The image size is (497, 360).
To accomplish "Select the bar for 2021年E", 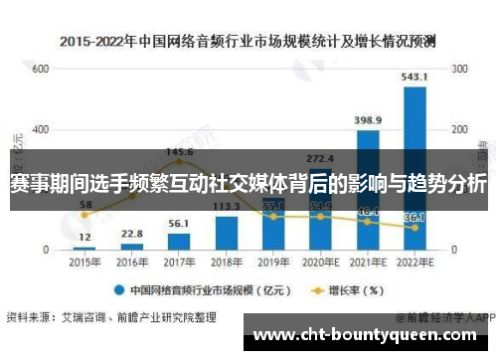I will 367,189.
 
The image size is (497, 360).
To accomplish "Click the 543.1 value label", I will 414,77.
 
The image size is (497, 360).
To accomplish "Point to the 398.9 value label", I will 367,120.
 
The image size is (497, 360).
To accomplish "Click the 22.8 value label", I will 132,234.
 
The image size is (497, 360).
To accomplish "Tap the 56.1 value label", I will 179,224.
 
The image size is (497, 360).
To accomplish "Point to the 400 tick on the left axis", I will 40,130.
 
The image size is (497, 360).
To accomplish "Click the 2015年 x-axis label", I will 84,263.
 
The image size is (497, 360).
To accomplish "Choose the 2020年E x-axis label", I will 319,263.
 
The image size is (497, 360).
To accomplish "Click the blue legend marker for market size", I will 119,291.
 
